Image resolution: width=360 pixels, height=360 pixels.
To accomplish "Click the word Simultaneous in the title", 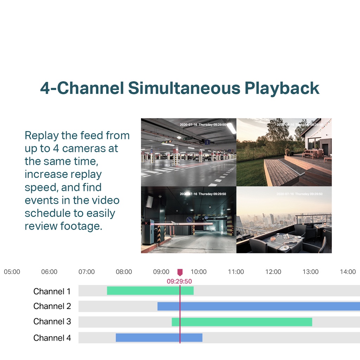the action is tap(184, 88).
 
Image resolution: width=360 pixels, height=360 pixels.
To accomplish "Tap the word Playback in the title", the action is tap(282, 88).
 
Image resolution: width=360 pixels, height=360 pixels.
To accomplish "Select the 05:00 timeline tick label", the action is tap(12, 272).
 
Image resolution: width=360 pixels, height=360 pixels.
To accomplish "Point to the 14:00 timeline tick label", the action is tap(348, 272).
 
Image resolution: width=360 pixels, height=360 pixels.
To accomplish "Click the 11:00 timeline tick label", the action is tap(236, 272).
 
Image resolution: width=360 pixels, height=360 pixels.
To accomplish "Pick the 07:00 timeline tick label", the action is tap(86, 272).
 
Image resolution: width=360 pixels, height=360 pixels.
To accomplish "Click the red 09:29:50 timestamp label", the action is tap(179, 281).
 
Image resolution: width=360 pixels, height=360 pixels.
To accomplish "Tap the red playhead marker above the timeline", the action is tap(180, 272).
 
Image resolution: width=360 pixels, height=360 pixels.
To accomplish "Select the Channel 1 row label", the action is tap(52, 291).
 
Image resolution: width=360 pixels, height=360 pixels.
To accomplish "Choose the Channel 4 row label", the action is tap(52, 338).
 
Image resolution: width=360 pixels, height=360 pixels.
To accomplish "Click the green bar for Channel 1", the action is tap(150, 291).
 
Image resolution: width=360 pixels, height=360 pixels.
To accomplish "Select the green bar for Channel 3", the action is tap(242, 322).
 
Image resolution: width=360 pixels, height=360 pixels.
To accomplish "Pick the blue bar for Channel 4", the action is tap(159, 337).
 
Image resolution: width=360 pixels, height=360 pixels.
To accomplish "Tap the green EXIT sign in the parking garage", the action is tap(189, 138).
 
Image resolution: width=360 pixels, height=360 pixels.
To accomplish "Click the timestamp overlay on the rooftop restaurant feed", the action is tap(299, 194).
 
